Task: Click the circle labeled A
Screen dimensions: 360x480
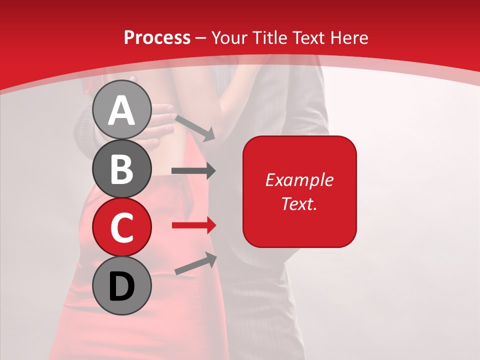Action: point(122,109)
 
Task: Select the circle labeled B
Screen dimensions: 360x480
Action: point(122,168)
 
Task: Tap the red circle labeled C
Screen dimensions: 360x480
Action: point(122,227)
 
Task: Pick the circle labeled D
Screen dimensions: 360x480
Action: point(122,285)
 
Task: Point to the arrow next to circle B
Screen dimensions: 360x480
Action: point(193,170)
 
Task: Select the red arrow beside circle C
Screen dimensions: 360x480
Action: point(193,225)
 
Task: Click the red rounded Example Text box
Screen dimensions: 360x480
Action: point(299,191)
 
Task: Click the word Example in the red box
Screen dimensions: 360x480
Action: point(299,180)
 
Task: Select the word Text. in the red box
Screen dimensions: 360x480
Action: point(299,203)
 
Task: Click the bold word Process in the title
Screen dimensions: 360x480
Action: point(157,37)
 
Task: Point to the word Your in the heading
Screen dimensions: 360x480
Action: point(231,37)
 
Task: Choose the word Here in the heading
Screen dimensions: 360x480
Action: point(350,37)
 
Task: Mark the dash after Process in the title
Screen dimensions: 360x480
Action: point(201,38)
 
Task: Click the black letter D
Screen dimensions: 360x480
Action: point(122,286)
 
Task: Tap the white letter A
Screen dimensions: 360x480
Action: point(122,110)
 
